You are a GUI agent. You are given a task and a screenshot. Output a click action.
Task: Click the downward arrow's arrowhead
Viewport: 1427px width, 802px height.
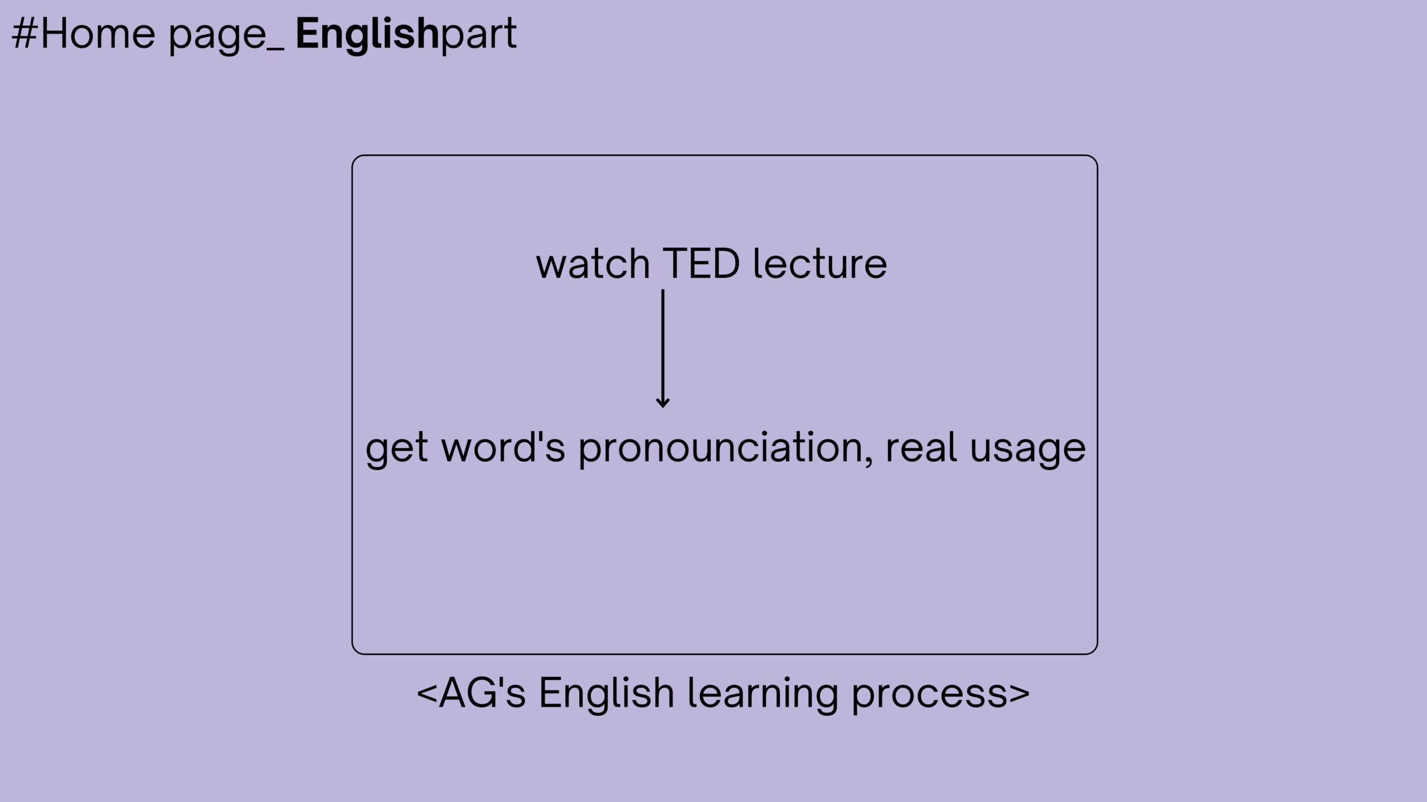[663, 402]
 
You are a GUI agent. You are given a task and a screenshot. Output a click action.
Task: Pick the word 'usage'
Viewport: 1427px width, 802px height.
[1028, 452]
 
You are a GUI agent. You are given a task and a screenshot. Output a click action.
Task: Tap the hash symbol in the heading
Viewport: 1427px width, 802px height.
[25, 35]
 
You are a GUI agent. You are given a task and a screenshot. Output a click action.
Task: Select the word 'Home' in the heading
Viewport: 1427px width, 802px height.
[98, 35]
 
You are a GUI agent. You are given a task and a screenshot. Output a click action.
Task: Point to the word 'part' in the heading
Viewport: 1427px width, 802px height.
[479, 37]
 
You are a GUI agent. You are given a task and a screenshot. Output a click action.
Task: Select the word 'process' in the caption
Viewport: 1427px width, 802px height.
[930, 697]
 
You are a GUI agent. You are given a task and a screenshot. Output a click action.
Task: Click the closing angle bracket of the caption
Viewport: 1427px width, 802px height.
[1019, 694]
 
